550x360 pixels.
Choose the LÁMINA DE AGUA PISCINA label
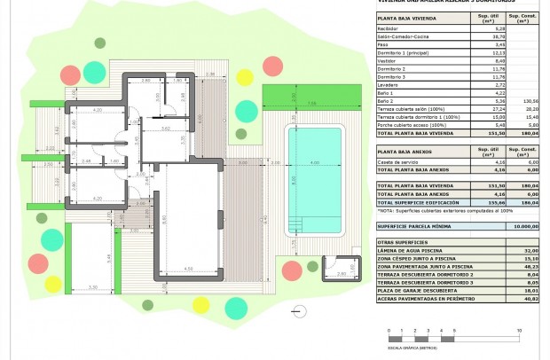pos(408,250)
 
